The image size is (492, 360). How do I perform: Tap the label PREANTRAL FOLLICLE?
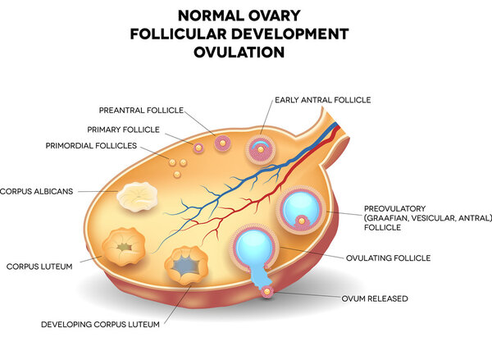pos(140,109)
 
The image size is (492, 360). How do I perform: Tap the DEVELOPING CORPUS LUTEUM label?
pos(100,324)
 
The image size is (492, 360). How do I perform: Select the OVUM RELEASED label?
pos(375,298)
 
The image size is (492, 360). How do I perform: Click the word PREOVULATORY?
pos(394,208)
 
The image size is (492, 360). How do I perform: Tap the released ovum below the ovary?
pos(267,291)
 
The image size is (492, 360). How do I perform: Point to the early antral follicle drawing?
pos(261,148)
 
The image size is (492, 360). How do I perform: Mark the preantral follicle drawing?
pos(222,144)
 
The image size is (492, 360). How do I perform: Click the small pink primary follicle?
pos(198,148)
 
